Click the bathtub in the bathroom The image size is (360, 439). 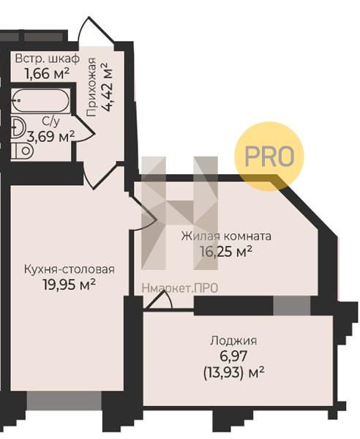click(40, 101)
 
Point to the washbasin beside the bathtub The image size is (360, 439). click(18, 127)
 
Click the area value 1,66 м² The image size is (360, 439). click(47, 74)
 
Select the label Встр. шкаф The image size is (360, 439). click(48, 59)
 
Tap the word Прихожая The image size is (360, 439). click(91, 87)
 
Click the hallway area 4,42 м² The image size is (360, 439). click(108, 87)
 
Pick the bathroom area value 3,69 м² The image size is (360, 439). click(51, 136)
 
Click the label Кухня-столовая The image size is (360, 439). click(70, 269)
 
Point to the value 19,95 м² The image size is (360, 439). click(70, 285)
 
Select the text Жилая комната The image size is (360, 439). click(226, 236)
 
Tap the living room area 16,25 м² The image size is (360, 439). click(226, 252)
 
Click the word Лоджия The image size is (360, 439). click(233, 341)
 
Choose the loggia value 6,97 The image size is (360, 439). click(233, 356)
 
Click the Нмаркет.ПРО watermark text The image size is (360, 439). click(180, 288)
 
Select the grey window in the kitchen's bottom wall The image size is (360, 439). click(64, 401)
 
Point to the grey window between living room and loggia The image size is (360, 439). click(292, 306)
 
